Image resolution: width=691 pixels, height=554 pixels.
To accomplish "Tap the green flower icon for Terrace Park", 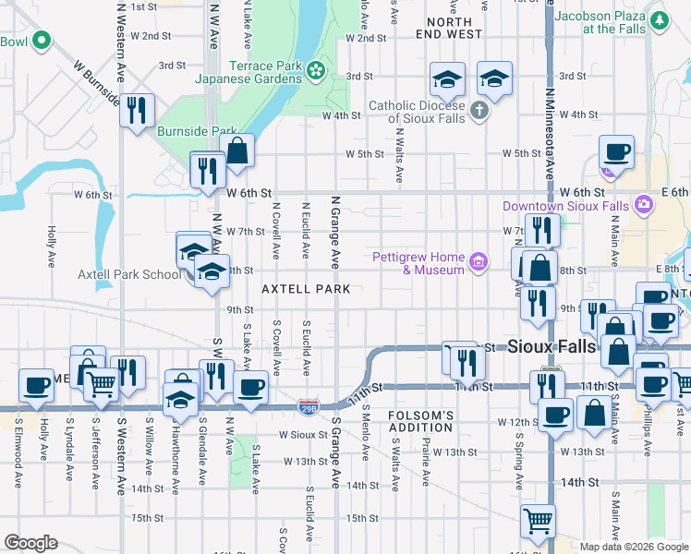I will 315,69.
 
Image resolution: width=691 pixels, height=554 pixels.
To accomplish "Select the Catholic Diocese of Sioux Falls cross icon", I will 478,112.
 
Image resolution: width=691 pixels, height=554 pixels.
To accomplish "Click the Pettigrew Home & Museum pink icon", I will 478,263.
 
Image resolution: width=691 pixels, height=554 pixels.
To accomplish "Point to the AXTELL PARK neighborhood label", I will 305,289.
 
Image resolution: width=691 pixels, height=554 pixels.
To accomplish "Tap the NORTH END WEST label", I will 454,27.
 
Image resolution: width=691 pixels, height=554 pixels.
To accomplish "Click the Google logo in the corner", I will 31,542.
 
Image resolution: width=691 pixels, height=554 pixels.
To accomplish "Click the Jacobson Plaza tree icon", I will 660,21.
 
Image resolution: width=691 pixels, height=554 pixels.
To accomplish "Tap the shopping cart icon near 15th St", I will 537,519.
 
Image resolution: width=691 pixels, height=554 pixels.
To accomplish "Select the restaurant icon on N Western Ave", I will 137,109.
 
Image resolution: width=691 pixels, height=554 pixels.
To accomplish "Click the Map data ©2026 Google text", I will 633,546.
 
